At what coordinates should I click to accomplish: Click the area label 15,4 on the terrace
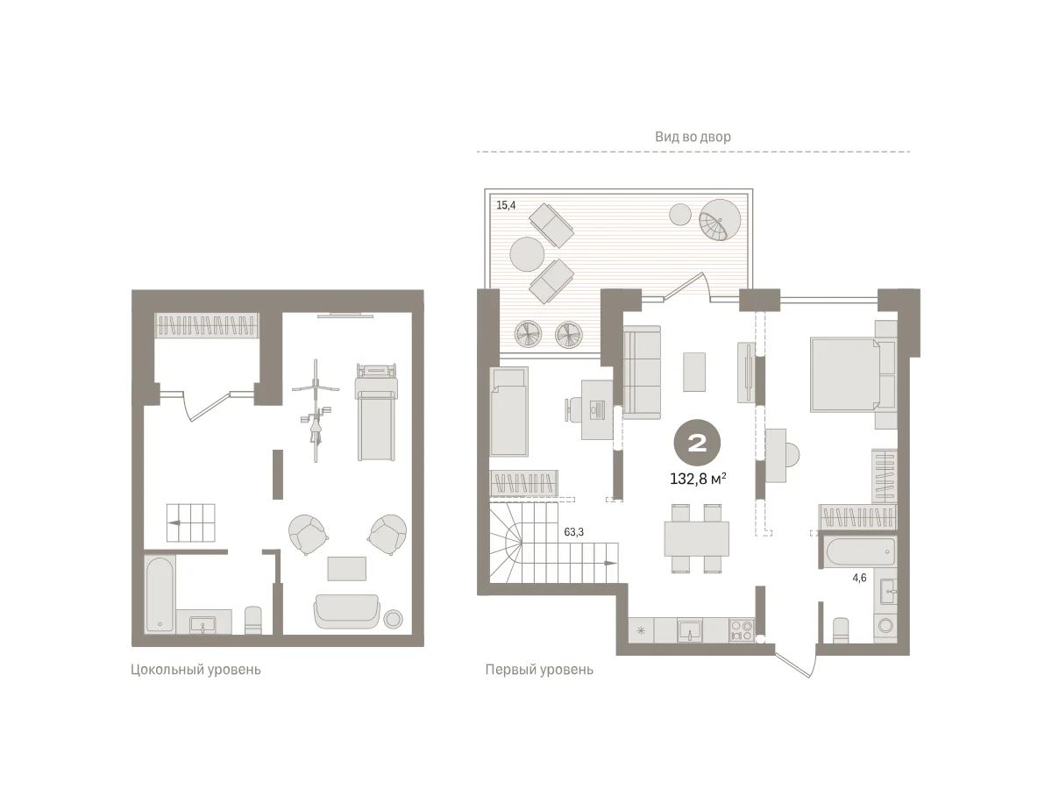[x=506, y=205]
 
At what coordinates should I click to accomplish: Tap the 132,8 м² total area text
[x=698, y=479]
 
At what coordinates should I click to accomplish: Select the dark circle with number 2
[x=697, y=443]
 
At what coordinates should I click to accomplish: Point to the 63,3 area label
[x=573, y=532]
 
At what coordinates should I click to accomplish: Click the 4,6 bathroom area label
[x=859, y=578]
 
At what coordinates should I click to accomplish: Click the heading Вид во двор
[x=693, y=137]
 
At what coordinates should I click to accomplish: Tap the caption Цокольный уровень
[x=195, y=670]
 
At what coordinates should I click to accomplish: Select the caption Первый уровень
[x=539, y=670]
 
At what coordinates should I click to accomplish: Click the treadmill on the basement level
[x=376, y=412]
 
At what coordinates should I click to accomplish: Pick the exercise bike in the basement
[x=316, y=410]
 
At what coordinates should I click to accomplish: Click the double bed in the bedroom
[x=854, y=375]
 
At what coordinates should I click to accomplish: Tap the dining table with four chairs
[x=697, y=538]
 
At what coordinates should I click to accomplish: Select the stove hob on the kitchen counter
[x=742, y=630]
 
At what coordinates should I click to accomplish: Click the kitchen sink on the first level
[x=690, y=631]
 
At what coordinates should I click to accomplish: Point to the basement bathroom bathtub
[x=160, y=593]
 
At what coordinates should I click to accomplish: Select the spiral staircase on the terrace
[x=720, y=220]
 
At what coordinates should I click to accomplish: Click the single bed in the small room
[x=508, y=411]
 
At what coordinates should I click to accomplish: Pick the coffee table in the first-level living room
[x=694, y=372]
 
